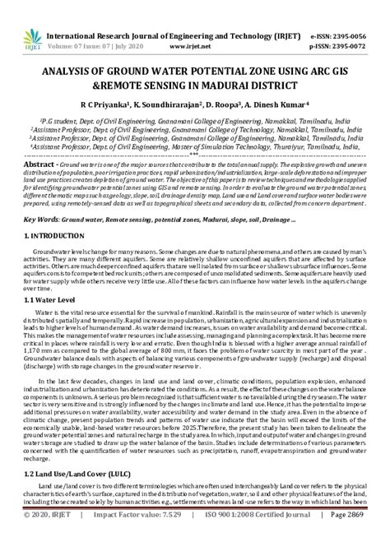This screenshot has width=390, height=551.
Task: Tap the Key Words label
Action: [x=39, y=221]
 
